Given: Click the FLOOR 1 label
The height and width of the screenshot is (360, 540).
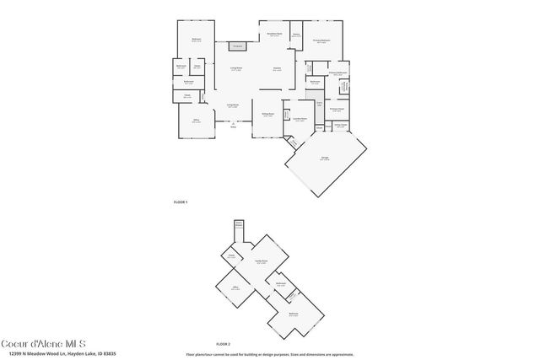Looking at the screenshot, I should click(x=180, y=203).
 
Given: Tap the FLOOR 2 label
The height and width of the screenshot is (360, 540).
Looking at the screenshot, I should click(x=223, y=344).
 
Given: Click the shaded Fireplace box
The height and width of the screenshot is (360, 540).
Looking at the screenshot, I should click(x=238, y=46).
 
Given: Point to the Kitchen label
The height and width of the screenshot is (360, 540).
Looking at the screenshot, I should click(x=277, y=68).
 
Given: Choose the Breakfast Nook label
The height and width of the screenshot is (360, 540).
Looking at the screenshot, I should click(x=274, y=35).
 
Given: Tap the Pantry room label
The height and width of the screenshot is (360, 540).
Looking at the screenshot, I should click(x=296, y=35).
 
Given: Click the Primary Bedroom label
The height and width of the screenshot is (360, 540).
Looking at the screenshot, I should click(x=321, y=40).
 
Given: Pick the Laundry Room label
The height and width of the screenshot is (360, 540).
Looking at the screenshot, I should click(x=299, y=119).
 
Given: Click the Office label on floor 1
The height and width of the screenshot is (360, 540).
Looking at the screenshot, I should click(x=195, y=121).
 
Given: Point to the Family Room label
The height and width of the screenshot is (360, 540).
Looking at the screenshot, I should click(x=262, y=261).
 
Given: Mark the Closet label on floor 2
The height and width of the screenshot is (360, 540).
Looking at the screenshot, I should click(x=230, y=255).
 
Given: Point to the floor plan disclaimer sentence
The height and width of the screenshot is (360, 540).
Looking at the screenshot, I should click(x=269, y=354).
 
